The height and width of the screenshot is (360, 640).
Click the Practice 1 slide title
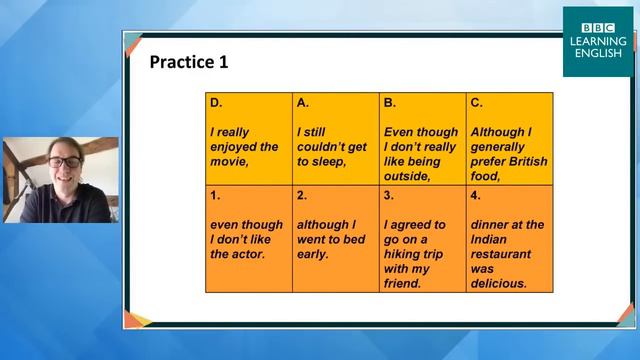coord(189,62)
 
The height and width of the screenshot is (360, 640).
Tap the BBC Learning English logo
coord(597,42)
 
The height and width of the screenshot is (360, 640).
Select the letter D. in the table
coord(216,102)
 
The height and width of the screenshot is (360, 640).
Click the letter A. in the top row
coord(303,102)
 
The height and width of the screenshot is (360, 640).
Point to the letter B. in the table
coord(390,102)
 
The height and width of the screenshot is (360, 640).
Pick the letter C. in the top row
coord(477,102)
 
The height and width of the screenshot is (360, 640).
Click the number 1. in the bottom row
coord(214,196)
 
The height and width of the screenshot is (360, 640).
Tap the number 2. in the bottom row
coord(301,196)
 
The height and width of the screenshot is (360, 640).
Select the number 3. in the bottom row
coord(388,196)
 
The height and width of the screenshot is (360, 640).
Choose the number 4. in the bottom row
coord(475,196)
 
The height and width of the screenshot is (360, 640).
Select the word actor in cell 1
coord(245,254)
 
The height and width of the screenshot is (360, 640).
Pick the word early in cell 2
coord(314,254)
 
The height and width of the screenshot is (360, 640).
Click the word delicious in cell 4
coord(498,283)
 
